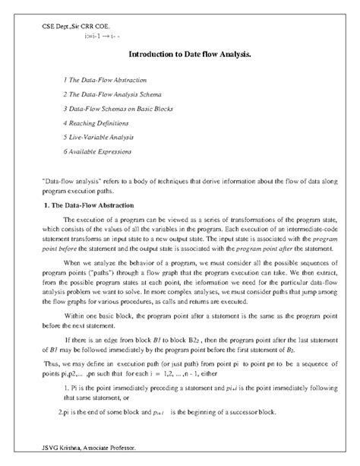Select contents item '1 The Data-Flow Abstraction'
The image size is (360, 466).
pyautogui.click(x=105, y=80)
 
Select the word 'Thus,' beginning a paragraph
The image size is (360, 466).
pyautogui.click(x=52, y=365)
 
